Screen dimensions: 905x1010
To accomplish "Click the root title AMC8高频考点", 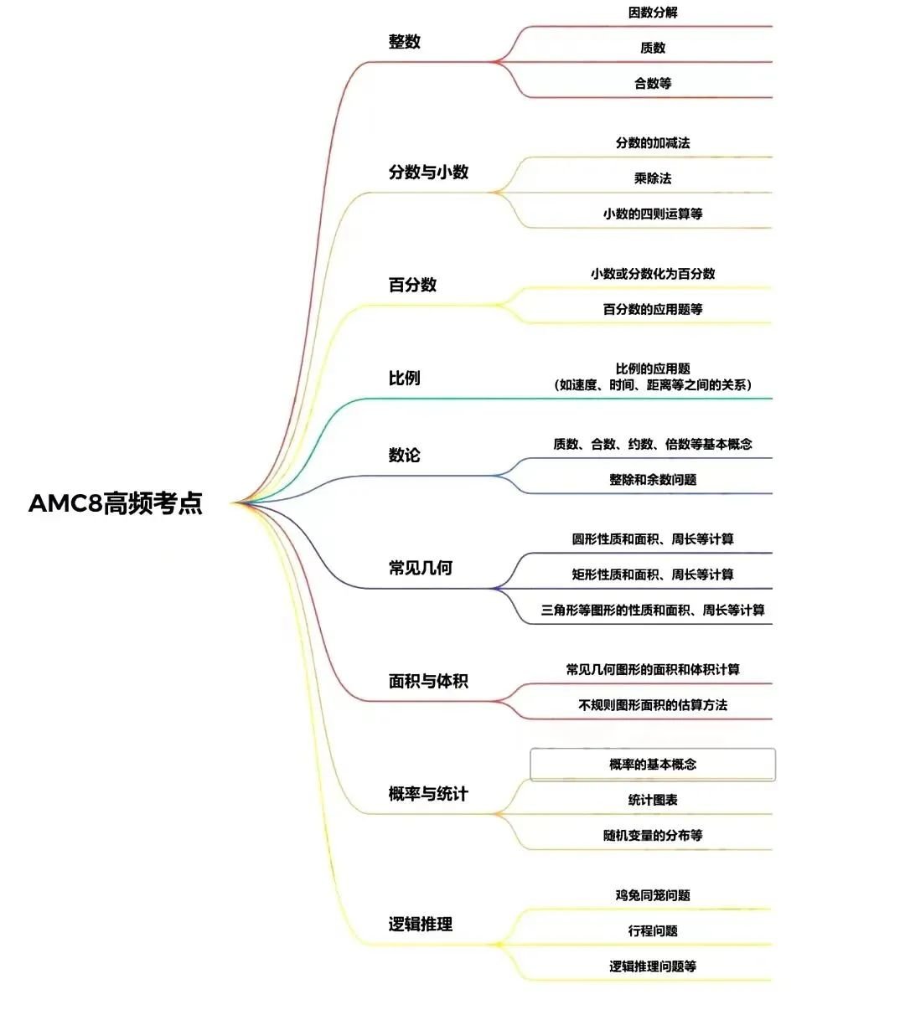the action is pos(116,503).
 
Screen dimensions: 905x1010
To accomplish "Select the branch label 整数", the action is pos(405,41).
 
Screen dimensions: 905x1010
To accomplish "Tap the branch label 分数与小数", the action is pos(428,172).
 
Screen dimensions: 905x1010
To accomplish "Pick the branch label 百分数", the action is pos(412,285).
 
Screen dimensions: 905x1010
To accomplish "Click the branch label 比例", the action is pos(405,378).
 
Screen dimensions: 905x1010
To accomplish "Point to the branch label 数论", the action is pos(405,455).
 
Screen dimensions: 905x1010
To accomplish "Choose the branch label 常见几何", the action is pos(421,568).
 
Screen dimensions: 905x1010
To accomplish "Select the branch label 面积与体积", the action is pos(428,681).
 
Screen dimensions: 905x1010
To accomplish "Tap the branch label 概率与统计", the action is pos(428,793).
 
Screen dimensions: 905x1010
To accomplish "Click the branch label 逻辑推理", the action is pos(421,924).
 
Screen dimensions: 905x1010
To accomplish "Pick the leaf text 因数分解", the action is pos(653,13).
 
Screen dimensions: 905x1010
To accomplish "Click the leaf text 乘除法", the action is pos(653,178).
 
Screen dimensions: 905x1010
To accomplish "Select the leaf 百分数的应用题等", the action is pos(653,309).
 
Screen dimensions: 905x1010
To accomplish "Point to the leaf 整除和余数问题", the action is pos(653,480).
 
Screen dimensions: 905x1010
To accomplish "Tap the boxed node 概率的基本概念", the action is pos(653,765).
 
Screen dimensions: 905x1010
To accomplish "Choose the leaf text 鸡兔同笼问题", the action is pos(653,895).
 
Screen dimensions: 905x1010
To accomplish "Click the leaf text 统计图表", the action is pos(653,800).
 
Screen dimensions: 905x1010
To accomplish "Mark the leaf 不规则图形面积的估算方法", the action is pos(653,705).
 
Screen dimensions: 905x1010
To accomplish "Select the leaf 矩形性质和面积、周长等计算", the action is pos(653,575).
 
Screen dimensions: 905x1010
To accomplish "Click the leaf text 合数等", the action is pos(653,83).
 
